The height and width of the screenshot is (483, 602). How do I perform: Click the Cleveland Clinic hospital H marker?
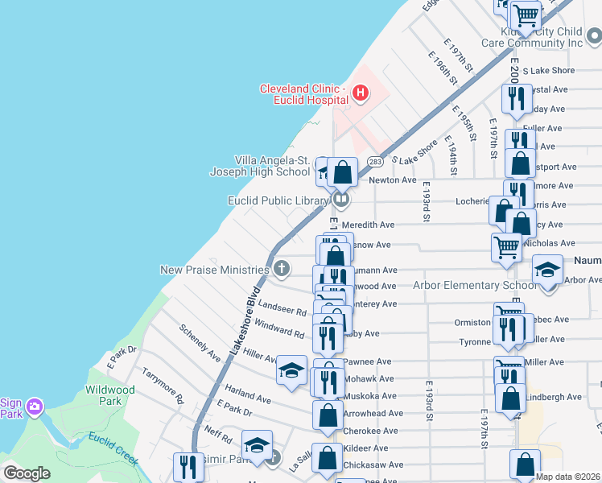point(361,94)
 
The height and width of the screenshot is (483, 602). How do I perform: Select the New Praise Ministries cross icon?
point(281,269)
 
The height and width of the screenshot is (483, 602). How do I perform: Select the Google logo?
point(27,473)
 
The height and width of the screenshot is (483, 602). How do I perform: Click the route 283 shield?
point(375,162)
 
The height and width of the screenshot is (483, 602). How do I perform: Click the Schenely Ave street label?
point(200,343)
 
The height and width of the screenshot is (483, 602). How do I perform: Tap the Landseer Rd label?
point(282,309)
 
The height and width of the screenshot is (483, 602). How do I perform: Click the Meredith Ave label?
point(368,225)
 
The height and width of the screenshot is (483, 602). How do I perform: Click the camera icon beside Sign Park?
point(35,407)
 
